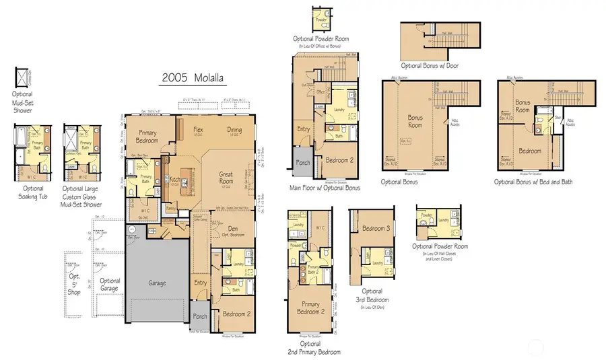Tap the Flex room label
[199, 129]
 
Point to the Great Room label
[226, 178]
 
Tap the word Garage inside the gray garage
[157, 283]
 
